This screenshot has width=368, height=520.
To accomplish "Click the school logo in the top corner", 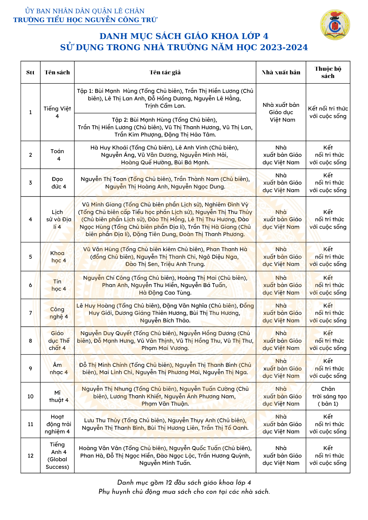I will coord(335,25).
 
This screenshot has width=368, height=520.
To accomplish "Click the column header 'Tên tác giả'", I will coord(165,72).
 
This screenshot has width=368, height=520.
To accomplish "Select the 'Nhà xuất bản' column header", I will coord(281,72).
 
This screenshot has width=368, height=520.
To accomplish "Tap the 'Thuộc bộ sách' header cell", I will coord(328,72).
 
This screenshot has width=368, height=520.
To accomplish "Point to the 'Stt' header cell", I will coord(30,72).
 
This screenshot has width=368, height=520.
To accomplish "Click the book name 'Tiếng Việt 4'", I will coord(57,112).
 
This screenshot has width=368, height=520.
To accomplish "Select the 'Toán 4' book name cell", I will coord(57,155).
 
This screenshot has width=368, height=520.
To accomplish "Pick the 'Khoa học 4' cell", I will coord(57,257).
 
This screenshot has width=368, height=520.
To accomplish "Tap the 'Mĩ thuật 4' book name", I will coord(57,396).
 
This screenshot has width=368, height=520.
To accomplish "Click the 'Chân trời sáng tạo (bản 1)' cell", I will coord(328,396).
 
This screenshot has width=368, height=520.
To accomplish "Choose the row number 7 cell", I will coord(30,313).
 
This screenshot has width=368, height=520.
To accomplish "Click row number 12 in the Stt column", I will coord(30,456).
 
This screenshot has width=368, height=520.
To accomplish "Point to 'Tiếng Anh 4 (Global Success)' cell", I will coord(57,456).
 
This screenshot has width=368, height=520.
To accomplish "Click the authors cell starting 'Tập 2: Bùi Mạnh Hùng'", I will coord(165,127).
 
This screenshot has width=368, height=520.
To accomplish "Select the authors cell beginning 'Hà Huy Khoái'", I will coord(165,155).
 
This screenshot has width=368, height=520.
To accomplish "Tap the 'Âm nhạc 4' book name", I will coord(57,368).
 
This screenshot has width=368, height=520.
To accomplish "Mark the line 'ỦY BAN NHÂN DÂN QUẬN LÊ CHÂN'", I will coord(85,11).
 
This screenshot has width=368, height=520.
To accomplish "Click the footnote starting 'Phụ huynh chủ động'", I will coord(184,492).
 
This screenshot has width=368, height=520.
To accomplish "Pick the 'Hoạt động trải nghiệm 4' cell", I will coord(57,424).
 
